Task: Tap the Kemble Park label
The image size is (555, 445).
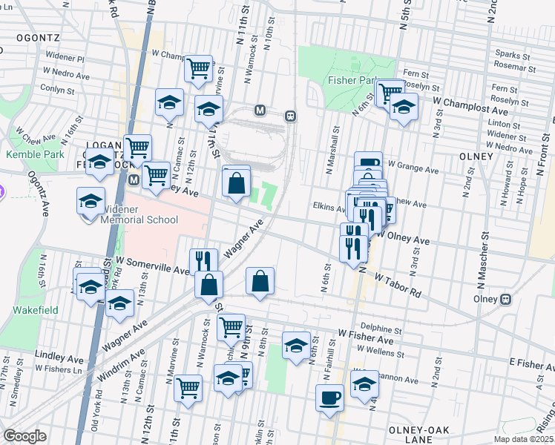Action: pos(27,155)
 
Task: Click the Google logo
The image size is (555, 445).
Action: pos(24,436)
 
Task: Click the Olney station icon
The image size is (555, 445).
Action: pos(505,300)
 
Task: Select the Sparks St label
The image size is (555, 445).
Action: pos(513,55)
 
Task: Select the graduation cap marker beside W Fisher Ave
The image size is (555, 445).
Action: pos(296,346)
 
